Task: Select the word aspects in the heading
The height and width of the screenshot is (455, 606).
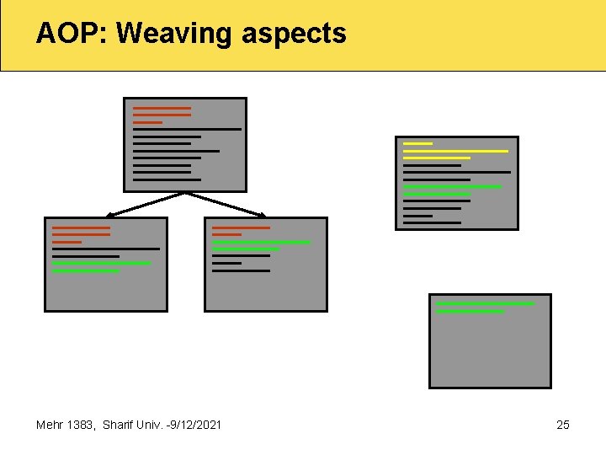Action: pyautogui.click(x=294, y=35)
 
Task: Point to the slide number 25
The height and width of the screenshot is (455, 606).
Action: pyautogui.click(x=563, y=425)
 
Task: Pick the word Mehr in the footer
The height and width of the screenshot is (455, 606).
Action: pyautogui.click(x=50, y=425)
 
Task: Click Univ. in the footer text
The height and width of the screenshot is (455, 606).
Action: pyautogui.click(x=151, y=425)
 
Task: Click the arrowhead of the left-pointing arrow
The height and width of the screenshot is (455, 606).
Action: pyautogui.click(x=110, y=214)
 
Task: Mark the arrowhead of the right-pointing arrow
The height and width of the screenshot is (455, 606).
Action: pyautogui.click(x=262, y=214)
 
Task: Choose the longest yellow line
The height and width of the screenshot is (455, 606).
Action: pyautogui.click(x=455, y=151)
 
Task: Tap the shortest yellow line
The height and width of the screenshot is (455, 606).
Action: pyautogui.click(x=417, y=143)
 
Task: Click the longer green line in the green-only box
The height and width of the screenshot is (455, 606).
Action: pyautogui.click(x=485, y=303)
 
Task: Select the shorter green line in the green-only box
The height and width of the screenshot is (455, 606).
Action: pyautogui.click(x=470, y=312)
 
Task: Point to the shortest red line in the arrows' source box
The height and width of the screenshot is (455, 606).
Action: pyautogui.click(x=147, y=122)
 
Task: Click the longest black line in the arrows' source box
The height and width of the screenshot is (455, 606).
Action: pyautogui.click(x=187, y=129)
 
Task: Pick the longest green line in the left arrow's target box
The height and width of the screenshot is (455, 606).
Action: pyautogui.click(x=101, y=263)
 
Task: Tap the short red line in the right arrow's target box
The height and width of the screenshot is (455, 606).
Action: pyautogui.click(x=226, y=234)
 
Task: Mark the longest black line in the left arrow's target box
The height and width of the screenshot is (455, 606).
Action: pyautogui.click(x=105, y=249)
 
